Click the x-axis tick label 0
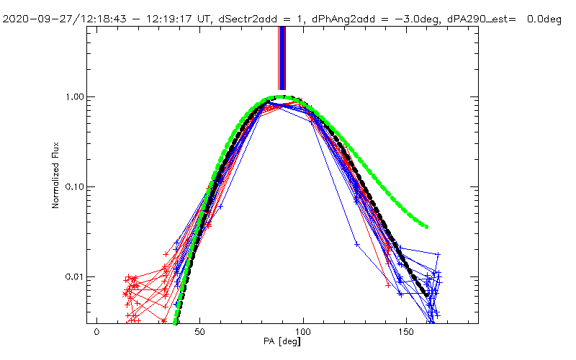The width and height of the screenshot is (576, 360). tap(96, 332)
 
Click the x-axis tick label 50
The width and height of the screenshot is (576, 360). tap(200, 332)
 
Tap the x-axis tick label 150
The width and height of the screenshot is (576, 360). tap(408, 332)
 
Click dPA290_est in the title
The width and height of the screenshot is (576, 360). tap(479, 19)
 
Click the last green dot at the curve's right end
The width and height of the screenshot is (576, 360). tap(426, 227)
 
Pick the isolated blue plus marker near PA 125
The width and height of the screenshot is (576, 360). tap(356, 245)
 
